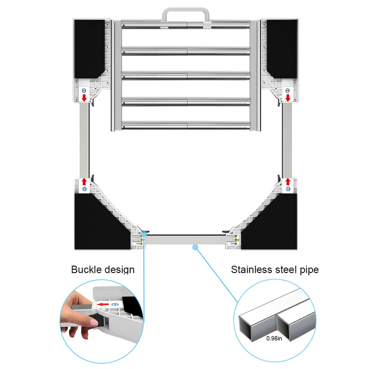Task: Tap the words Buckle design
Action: click(103, 269)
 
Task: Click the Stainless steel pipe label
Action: click(274, 269)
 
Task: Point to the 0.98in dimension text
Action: click(274, 339)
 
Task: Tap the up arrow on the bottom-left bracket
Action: click(84, 181)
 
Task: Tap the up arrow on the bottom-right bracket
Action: click(288, 181)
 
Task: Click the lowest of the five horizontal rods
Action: click(186, 125)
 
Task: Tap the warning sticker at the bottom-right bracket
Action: click(233, 240)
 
